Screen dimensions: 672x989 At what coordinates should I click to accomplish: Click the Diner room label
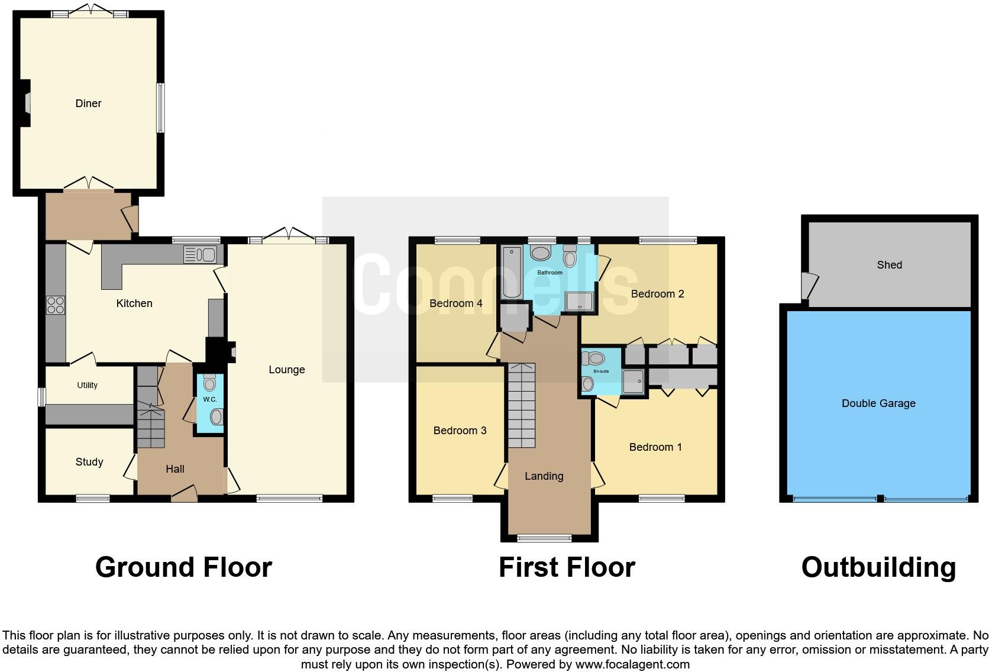coord(88,104)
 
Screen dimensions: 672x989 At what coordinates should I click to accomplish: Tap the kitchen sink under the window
coord(201,255)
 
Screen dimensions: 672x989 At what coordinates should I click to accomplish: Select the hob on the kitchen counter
coord(56,305)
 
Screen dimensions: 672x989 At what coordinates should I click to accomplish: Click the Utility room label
coord(87,385)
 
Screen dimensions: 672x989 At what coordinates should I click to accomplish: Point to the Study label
coord(89,462)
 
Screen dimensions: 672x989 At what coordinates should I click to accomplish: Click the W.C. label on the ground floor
coord(210,399)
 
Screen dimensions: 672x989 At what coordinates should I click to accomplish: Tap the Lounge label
coord(287,370)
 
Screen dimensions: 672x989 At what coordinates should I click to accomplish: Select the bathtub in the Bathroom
coord(510,273)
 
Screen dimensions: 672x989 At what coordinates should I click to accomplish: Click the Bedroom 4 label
coord(455,303)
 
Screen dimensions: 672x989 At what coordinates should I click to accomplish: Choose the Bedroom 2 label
coord(657,294)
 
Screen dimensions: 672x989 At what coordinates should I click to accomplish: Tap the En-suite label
coord(601,371)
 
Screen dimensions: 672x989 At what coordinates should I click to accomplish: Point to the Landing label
coord(544,476)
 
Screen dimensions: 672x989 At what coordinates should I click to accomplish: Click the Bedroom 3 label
coord(460,431)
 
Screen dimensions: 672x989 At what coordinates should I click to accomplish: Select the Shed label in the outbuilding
coord(889,265)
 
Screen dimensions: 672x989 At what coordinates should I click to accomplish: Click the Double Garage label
coord(878,403)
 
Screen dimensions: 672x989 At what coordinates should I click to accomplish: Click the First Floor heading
coord(567,567)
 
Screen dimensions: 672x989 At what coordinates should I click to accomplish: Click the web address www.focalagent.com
coord(632,664)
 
